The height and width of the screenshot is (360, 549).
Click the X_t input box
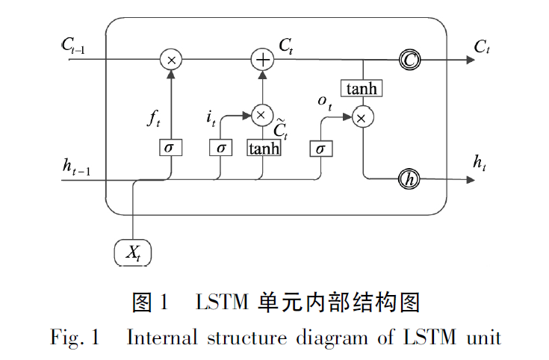(x=133, y=253)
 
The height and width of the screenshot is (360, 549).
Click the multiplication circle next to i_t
(x=261, y=114)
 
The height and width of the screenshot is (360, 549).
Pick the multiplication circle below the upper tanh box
(x=362, y=117)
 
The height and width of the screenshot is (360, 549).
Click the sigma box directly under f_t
(x=171, y=147)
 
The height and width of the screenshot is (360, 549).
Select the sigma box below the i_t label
(x=221, y=147)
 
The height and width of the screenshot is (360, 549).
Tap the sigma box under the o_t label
(x=320, y=148)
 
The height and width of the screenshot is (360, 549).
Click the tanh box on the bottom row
(x=264, y=148)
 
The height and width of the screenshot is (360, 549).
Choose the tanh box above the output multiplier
(x=362, y=89)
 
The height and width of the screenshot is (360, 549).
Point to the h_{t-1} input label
(x=76, y=167)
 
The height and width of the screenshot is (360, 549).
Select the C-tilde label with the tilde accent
(x=281, y=128)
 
